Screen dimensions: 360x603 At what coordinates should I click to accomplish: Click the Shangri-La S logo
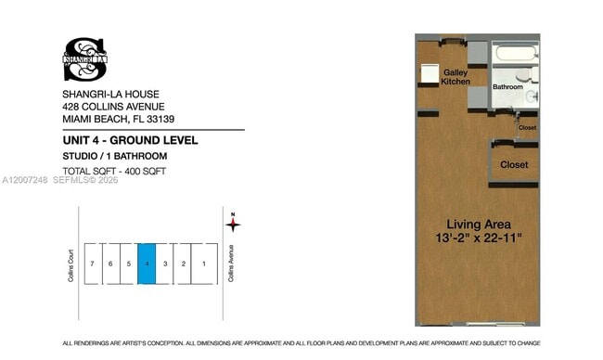click(x=83, y=58)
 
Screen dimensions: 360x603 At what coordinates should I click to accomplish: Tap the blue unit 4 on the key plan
click(x=147, y=264)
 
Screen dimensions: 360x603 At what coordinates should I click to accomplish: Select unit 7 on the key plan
click(x=92, y=264)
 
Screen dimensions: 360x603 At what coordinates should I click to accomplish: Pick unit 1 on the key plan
click(x=204, y=264)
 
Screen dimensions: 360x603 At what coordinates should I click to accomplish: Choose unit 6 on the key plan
click(x=110, y=264)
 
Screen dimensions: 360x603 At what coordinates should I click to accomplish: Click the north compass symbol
click(x=234, y=223)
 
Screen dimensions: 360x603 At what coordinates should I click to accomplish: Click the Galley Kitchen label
click(x=455, y=77)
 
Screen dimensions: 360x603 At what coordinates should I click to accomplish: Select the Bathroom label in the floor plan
click(x=507, y=87)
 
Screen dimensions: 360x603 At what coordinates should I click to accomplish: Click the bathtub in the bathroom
click(x=514, y=52)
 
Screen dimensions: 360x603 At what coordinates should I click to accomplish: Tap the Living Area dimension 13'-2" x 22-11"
click(x=479, y=238)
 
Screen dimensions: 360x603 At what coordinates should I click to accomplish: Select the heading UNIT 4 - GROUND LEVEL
click(x=130, y=139)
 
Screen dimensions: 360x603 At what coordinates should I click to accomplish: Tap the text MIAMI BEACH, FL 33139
click(x=119, y=119)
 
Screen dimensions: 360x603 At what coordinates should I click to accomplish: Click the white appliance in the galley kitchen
click(x=431, y=74)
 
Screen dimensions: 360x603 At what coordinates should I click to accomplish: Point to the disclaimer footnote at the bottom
click(x=301, y=343)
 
